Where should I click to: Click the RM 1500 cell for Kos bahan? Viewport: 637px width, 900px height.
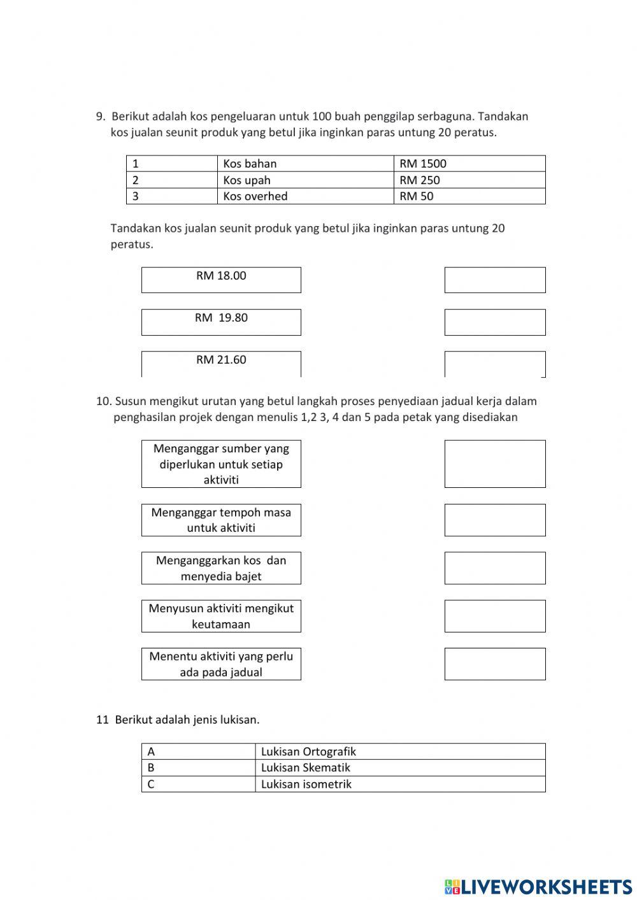point(469,164)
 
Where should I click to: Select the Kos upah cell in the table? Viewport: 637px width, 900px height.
point(306,180)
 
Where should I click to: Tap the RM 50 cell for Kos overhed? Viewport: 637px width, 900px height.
point(469,196)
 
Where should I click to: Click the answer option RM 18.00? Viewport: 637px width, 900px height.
point(221,280)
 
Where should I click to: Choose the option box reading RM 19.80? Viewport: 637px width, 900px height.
point(221,322)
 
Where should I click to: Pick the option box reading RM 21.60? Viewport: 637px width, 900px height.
point(221,363)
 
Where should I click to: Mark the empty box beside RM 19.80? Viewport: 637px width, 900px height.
point(495,322)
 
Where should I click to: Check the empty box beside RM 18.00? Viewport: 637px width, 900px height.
point(495,280)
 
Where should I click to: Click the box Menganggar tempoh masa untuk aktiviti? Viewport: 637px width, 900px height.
point(221,520)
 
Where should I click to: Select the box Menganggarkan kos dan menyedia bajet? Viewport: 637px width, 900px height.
point(221,568)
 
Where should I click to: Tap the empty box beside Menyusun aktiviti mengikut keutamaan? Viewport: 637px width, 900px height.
point(495,616)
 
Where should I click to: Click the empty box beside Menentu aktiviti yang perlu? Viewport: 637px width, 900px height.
point(495,664)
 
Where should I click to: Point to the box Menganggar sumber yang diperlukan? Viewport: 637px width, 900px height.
point(221,464)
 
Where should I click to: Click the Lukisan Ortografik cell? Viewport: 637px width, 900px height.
point(400,752)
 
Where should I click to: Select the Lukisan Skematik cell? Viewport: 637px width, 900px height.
point(400,768)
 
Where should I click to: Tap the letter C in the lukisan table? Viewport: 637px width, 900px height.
point(151,784)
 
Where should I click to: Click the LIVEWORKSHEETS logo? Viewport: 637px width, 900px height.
point(538,886)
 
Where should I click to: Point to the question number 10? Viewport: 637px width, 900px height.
point(103,401)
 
